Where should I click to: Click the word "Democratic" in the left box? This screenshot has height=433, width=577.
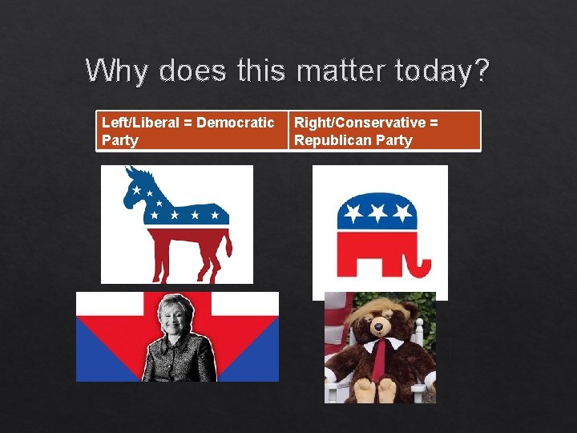[x=235, y=123]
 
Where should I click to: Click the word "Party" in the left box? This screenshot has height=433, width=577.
[x=120, y=140]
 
